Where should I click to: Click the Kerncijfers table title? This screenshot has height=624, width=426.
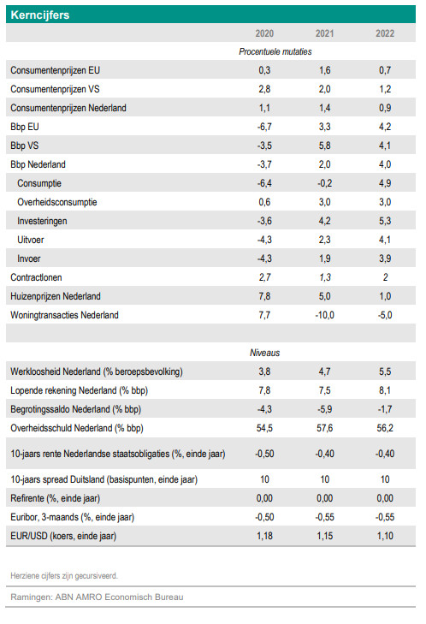coord(39,15)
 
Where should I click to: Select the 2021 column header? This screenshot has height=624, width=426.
coord(324,33)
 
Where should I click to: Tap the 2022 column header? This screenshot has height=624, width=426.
coord(385,33)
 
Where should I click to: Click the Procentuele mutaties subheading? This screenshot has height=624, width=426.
coord(275,51)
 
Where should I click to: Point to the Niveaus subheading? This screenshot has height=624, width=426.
coord(265,353)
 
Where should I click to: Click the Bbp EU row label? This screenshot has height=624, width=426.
coord(25,127)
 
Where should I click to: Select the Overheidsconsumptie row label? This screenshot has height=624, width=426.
coord(56,202)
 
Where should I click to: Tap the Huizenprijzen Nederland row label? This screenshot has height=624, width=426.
coord(56,296)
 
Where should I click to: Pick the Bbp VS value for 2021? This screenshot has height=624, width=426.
coord(324,146)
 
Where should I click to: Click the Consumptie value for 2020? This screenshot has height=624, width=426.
coord(264,183)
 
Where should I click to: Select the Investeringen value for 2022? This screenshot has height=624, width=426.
coord(385,221)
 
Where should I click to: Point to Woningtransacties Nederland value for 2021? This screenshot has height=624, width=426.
coord(324,315)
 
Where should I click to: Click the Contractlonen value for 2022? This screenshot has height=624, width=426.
coord(385,277)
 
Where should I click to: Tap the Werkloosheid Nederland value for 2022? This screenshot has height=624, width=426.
coord(385,371)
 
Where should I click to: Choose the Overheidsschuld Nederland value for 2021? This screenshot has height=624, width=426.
coord(324,428)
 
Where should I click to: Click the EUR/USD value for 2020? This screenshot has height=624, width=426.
coord(264,536)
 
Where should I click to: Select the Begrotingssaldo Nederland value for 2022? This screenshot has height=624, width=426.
coord(385,409)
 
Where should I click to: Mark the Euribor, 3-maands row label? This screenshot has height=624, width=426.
coord(73,517)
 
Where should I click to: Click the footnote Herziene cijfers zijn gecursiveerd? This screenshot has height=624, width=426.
coord(64,576)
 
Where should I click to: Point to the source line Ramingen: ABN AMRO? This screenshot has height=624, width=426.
coord(97,597)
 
